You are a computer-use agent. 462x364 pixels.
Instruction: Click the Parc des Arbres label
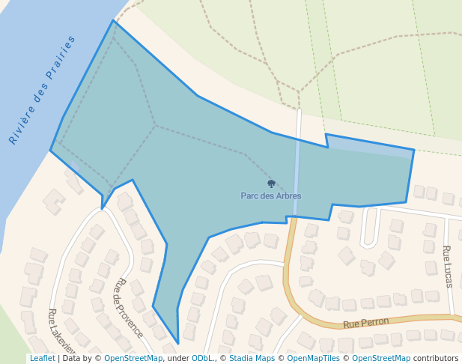pyautogui.click(x=271, y=196)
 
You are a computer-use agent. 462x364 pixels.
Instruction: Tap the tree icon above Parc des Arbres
pyautogui.click(x=271, y=183)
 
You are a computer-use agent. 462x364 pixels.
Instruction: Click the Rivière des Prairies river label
pyautogui.click(x=43, y=89)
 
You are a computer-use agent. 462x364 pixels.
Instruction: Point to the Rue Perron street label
pyautogui.click(x=366, y=323)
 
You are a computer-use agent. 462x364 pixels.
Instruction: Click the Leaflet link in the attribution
pyautogui.click(x=43, y=359)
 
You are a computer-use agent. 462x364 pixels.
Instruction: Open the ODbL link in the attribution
pyautogui.click(x=202, y=359)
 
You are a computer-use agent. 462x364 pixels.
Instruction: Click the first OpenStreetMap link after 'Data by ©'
pyautogui.click(x=133, y=359)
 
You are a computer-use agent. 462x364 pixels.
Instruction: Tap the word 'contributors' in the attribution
pyautogui.click(x=436, y=359)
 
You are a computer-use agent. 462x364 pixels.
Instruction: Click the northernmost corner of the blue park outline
pyautogui.click(x=114, y=21)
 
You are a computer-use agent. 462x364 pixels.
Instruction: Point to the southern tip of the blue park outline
pyautogui.click(x=178, y=343)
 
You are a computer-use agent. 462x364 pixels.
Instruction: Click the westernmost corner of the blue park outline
pyautogui.click(x=51, y=150)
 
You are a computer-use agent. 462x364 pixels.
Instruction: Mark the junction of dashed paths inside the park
pyautogui.click(x=156, y=125)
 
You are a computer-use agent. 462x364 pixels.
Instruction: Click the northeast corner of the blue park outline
pyautogui.click(x=413, y=151)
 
